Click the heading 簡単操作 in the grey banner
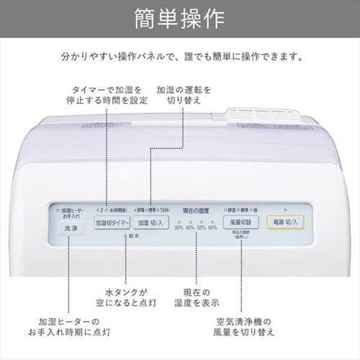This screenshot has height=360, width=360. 179,17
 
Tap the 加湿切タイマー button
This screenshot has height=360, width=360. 112,223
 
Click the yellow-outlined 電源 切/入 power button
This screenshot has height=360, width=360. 287,222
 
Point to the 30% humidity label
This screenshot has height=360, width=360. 179,228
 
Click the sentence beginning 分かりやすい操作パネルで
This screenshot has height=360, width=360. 179,55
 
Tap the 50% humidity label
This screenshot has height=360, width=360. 201,228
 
